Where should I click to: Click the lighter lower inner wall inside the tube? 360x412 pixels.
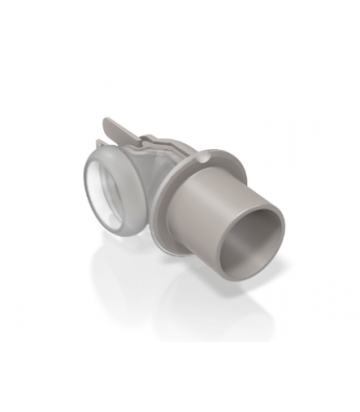tap(255, 263)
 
